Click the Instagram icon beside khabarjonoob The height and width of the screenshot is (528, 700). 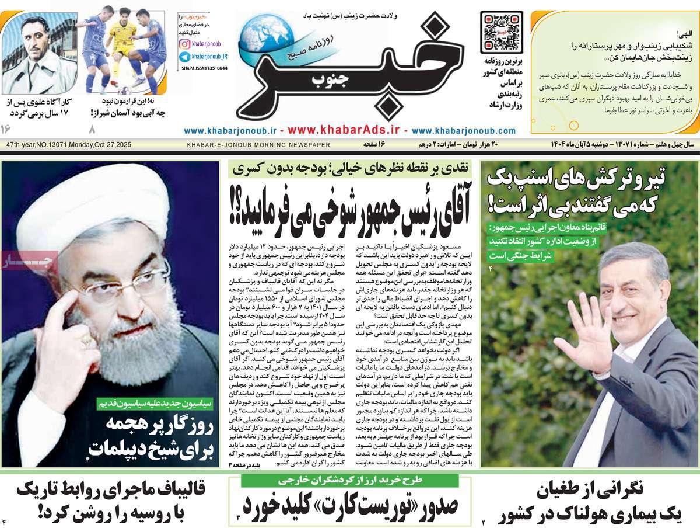(184, 44)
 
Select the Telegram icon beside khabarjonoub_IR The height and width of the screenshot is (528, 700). (184, 57)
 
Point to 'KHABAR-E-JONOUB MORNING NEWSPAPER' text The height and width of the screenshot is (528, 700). (258, 145)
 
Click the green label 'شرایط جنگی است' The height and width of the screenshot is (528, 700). (520, 255)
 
